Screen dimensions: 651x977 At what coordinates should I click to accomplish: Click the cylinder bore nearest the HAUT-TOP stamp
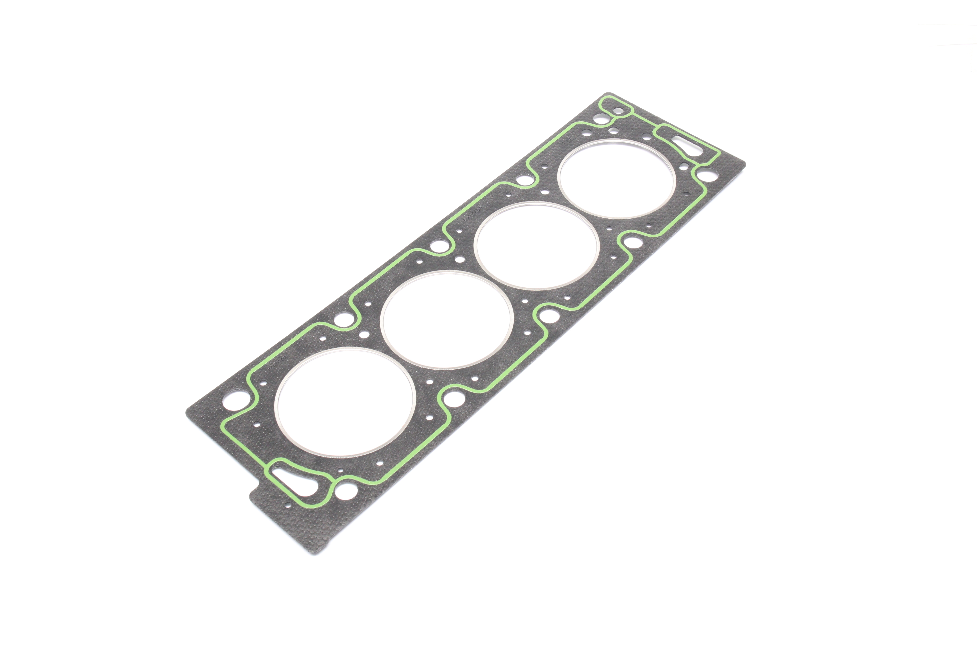[x=345, y=402]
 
